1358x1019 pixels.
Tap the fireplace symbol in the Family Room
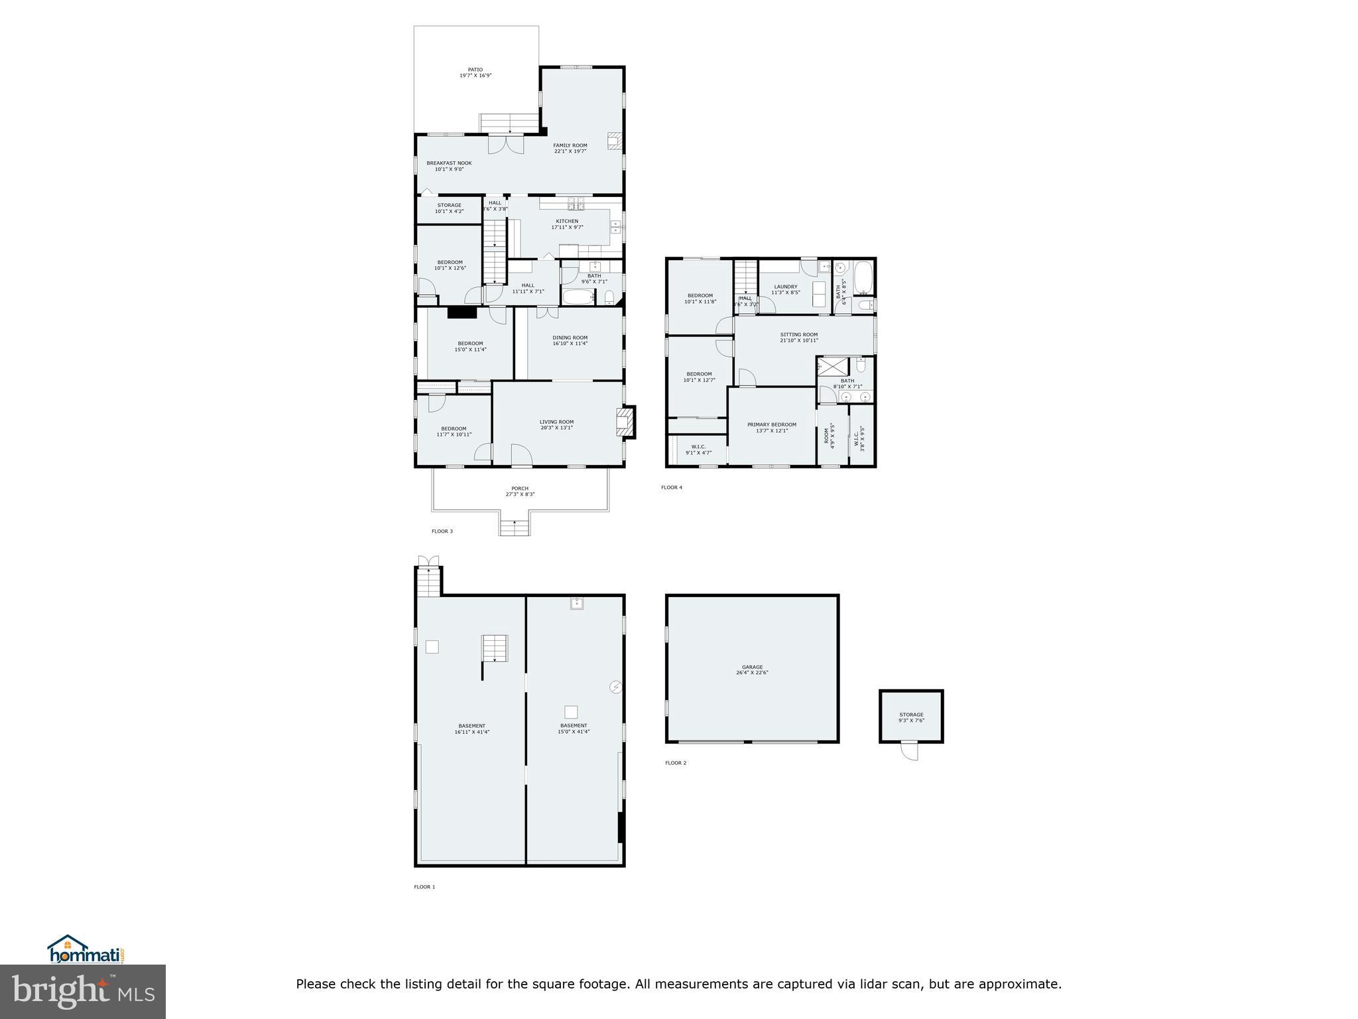[x=615, y=140]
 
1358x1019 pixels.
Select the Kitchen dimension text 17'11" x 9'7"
[x=567, y=228]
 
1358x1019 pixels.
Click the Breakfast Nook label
[x=449, y=163]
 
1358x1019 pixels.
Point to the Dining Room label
[x=570, y=338]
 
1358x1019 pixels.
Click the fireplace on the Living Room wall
[x=626, y=422]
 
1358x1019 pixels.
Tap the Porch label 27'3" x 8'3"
[x=520, y=492]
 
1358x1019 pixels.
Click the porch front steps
[x=515, y=528]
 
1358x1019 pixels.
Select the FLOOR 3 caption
[x=442, y=531]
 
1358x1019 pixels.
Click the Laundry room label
[x=785, y=287]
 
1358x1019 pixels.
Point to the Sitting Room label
[x=798, y=335]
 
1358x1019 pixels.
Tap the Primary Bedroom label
[x=771, y=425]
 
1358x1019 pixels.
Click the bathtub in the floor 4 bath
[x=863, y=279]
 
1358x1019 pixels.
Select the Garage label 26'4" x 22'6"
[x=752, y=670]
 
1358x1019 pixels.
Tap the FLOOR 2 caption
[x=676, y=763]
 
